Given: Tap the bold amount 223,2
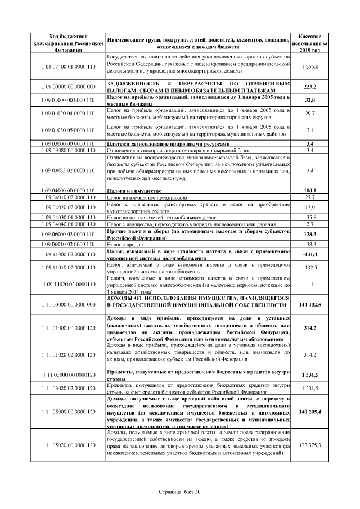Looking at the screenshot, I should point(310,87).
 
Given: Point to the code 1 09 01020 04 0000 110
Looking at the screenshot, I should point(68,114).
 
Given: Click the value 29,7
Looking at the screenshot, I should point(310,114).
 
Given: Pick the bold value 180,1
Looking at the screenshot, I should point(310,191).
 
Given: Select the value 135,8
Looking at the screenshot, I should point(310,217).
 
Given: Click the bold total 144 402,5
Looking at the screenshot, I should point(310,304).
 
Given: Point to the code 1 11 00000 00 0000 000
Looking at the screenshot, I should point(68,304).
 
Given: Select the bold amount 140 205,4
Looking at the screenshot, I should point(310,412).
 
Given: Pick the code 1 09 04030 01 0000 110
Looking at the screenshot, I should point(68,217).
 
